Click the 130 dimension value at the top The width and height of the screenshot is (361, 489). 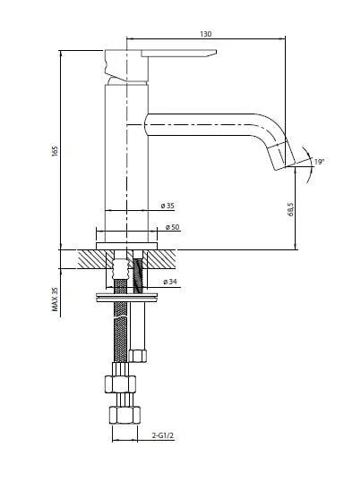206,34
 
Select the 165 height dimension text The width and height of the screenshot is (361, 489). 55,151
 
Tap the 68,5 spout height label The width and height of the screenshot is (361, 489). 290,209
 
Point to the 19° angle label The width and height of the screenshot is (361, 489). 319,162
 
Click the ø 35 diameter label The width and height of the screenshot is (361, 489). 168,206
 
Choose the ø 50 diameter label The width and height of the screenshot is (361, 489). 173,227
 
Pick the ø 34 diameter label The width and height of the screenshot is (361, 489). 170,282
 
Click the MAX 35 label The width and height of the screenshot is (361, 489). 55,299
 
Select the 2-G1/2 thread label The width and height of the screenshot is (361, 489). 162,435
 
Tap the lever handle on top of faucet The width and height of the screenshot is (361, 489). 179,54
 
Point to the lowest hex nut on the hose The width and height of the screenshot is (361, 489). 125,415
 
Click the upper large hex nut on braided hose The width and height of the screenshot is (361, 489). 120,384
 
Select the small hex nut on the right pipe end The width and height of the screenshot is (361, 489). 138,356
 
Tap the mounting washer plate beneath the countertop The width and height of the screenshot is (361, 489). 126,297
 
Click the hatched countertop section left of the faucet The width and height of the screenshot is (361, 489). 92,259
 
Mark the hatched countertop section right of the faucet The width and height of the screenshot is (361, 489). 161,259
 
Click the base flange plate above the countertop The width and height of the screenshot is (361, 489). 126,246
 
